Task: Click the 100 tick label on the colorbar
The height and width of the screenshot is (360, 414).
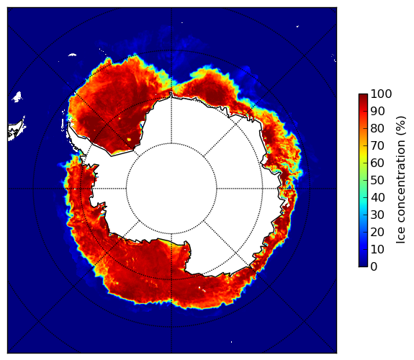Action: (x=381, y=94)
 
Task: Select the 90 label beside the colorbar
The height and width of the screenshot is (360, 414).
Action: (x=377, y=111)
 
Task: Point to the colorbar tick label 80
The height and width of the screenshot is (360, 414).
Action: (x=377, y=128)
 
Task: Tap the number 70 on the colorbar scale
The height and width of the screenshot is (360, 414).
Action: (x=377, y=145)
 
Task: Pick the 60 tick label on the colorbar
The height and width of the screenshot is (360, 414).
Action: (x=377, y=163)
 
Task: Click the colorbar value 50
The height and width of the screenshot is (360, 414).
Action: (x=377, y=181)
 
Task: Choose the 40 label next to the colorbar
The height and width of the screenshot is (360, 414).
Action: (x=377, y=197)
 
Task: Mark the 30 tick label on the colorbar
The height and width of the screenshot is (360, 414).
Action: (x=377, y=215)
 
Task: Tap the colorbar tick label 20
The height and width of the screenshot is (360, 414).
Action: (x=377, y=232)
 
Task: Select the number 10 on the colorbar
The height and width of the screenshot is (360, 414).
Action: (x=377, y=249)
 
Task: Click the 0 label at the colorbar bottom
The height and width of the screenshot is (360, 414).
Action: (x=374, y=267)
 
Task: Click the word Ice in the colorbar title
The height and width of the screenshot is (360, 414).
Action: (x=401, y=237)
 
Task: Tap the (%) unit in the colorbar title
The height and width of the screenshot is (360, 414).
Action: (x=401, y=126)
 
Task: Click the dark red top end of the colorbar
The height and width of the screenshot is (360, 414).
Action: (x=363, y=95)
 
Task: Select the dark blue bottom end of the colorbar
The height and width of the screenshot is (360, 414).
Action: (x=363, y=265)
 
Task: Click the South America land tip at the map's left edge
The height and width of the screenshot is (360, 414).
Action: (x=15, y=131)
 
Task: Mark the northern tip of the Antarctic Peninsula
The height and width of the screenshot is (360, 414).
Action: (x=69, y=123)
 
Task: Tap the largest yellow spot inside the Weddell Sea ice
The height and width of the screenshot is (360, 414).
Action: (x=129, y=139)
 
